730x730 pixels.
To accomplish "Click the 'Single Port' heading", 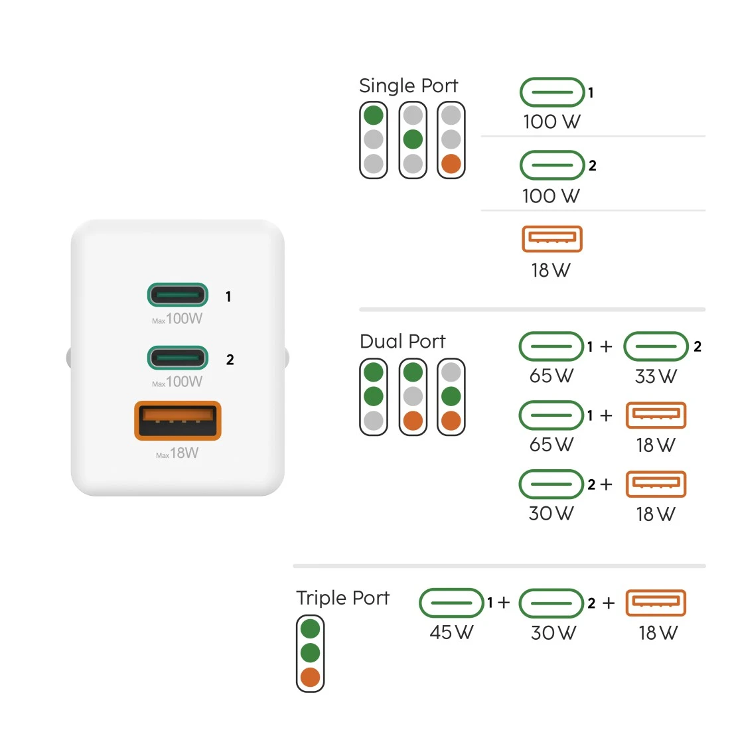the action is point(408,86).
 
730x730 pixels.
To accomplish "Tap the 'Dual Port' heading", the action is point(403,341).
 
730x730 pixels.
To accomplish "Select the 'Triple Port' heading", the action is point(342,598).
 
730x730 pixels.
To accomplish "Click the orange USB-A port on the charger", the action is point(177,420).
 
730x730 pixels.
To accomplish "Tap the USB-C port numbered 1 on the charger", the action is point(177,295).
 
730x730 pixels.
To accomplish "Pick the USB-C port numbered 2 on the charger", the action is point(177,358).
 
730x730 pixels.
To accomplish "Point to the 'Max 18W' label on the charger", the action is point(177,453).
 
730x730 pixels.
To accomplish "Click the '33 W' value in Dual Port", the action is point(656,376).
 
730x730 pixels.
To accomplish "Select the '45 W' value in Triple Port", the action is point(451,632).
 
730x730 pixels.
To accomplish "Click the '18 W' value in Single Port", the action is point(551,271).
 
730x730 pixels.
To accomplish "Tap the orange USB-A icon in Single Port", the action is point(552,239).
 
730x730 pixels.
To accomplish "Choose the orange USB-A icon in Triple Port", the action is point(656,603).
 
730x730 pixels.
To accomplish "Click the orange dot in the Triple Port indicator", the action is point(310,678).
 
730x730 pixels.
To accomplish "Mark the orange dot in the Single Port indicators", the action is point(451,164).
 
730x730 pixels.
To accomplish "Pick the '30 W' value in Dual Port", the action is point(551,514).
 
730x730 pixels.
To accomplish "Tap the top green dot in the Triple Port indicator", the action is point(310,628).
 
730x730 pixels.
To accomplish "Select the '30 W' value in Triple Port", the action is point(553,632).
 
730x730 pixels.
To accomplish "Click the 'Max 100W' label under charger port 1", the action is point(177,319).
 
